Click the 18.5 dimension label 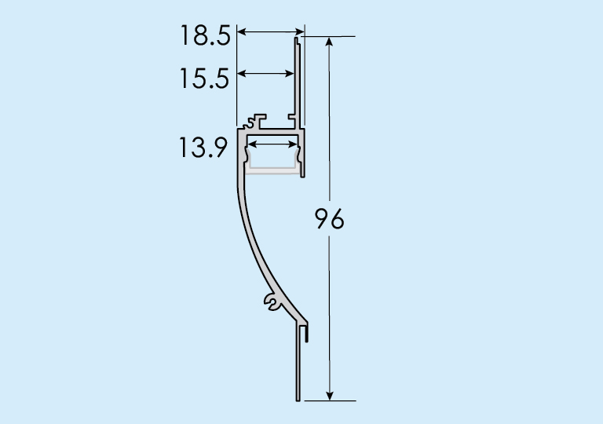pyautogui.click(x=206, y=36)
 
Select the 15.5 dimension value pyautogui.click(x=205, y=79)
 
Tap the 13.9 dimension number pyautogui.click(x=203, y=148)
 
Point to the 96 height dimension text pyautogui.click(x=329, y=219)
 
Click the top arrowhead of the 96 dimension pyautogui.click(x=329, y=41)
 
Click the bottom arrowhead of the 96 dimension pyautogui.click(x=329, y=396)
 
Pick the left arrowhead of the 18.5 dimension pyautogui.click(x=242, y=31)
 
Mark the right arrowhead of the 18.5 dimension pyautogui.click(x=300, y=31)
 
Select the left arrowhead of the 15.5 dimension pyautogui.click(x=242, y=73)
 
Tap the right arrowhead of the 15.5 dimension pyautogui.click(x=290, y=73)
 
